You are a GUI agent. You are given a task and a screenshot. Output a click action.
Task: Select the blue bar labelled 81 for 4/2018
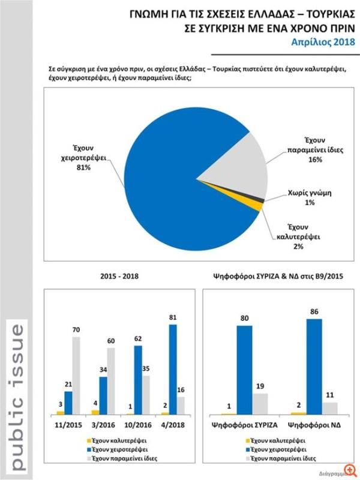point(173,369)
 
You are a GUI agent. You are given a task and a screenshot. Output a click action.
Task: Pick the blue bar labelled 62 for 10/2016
point(137,380)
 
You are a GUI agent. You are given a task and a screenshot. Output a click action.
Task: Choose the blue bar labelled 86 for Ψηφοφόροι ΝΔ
point(314,366)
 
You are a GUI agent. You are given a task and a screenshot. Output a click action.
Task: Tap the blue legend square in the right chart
point(248,449)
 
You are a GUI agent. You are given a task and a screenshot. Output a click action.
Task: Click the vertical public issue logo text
point(18,396)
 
